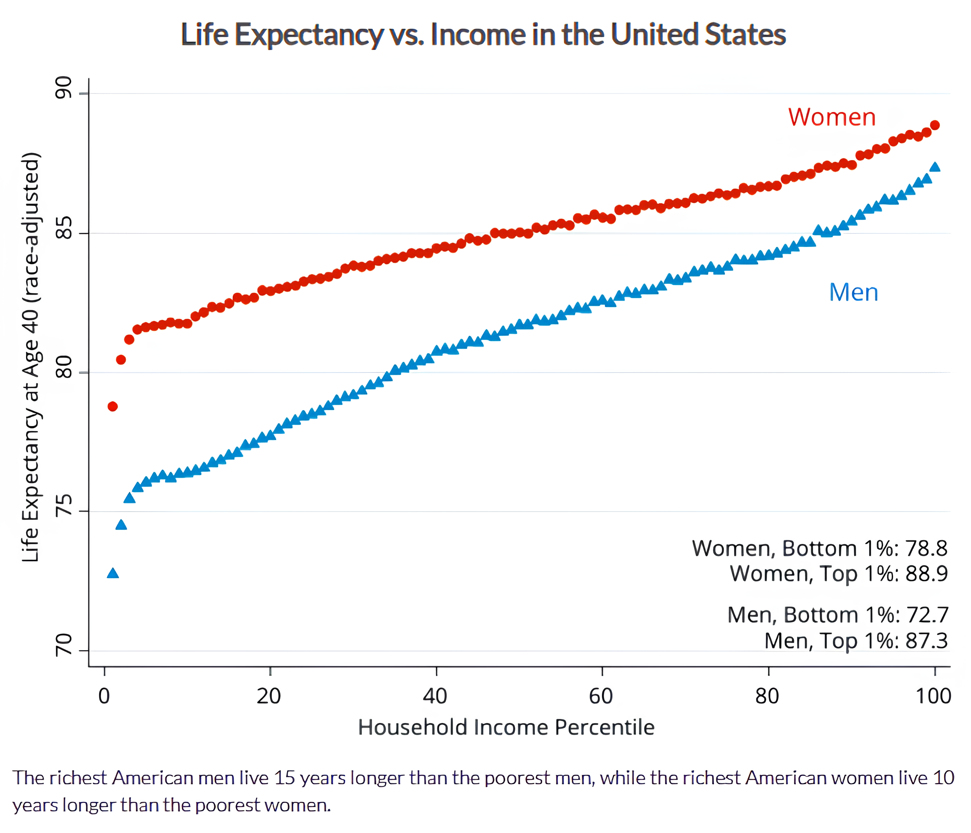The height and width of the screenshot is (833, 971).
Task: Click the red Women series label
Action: point(831,117)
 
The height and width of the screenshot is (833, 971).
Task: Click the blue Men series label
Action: point(854,293)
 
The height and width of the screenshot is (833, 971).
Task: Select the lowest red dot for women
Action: point(112,406)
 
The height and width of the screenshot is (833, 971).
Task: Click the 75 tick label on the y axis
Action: point(64,505)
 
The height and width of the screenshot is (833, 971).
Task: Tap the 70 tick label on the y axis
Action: point(64,644)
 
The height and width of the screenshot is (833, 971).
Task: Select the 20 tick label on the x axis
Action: point(269,696)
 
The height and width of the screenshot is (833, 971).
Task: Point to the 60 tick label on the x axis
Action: point(601,696)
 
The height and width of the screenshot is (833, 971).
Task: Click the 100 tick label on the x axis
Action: point(933,696)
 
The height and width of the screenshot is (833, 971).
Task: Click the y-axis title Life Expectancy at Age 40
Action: point(31,356)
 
